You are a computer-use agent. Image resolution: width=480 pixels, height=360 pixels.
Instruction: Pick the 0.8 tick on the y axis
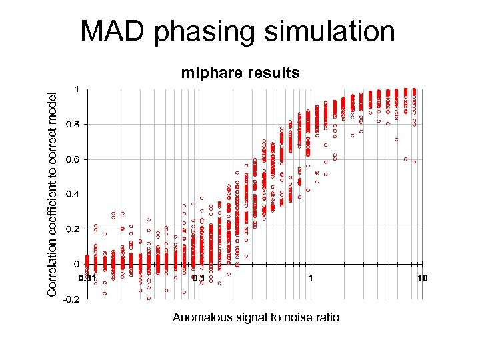73,124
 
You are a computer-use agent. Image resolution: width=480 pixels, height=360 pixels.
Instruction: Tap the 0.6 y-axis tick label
73,159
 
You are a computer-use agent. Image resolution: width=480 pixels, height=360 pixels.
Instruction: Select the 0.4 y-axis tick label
73,194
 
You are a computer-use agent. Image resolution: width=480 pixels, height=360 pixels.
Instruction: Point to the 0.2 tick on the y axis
73,229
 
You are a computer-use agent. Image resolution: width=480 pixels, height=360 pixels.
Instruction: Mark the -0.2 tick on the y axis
71,299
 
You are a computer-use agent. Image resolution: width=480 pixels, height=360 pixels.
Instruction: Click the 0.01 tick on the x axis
87,277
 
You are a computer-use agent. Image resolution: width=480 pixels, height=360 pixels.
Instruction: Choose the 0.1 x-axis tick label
199,277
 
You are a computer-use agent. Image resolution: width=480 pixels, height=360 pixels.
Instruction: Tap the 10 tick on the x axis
421,277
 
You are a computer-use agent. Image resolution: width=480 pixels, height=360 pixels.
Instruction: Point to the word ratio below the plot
326,317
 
